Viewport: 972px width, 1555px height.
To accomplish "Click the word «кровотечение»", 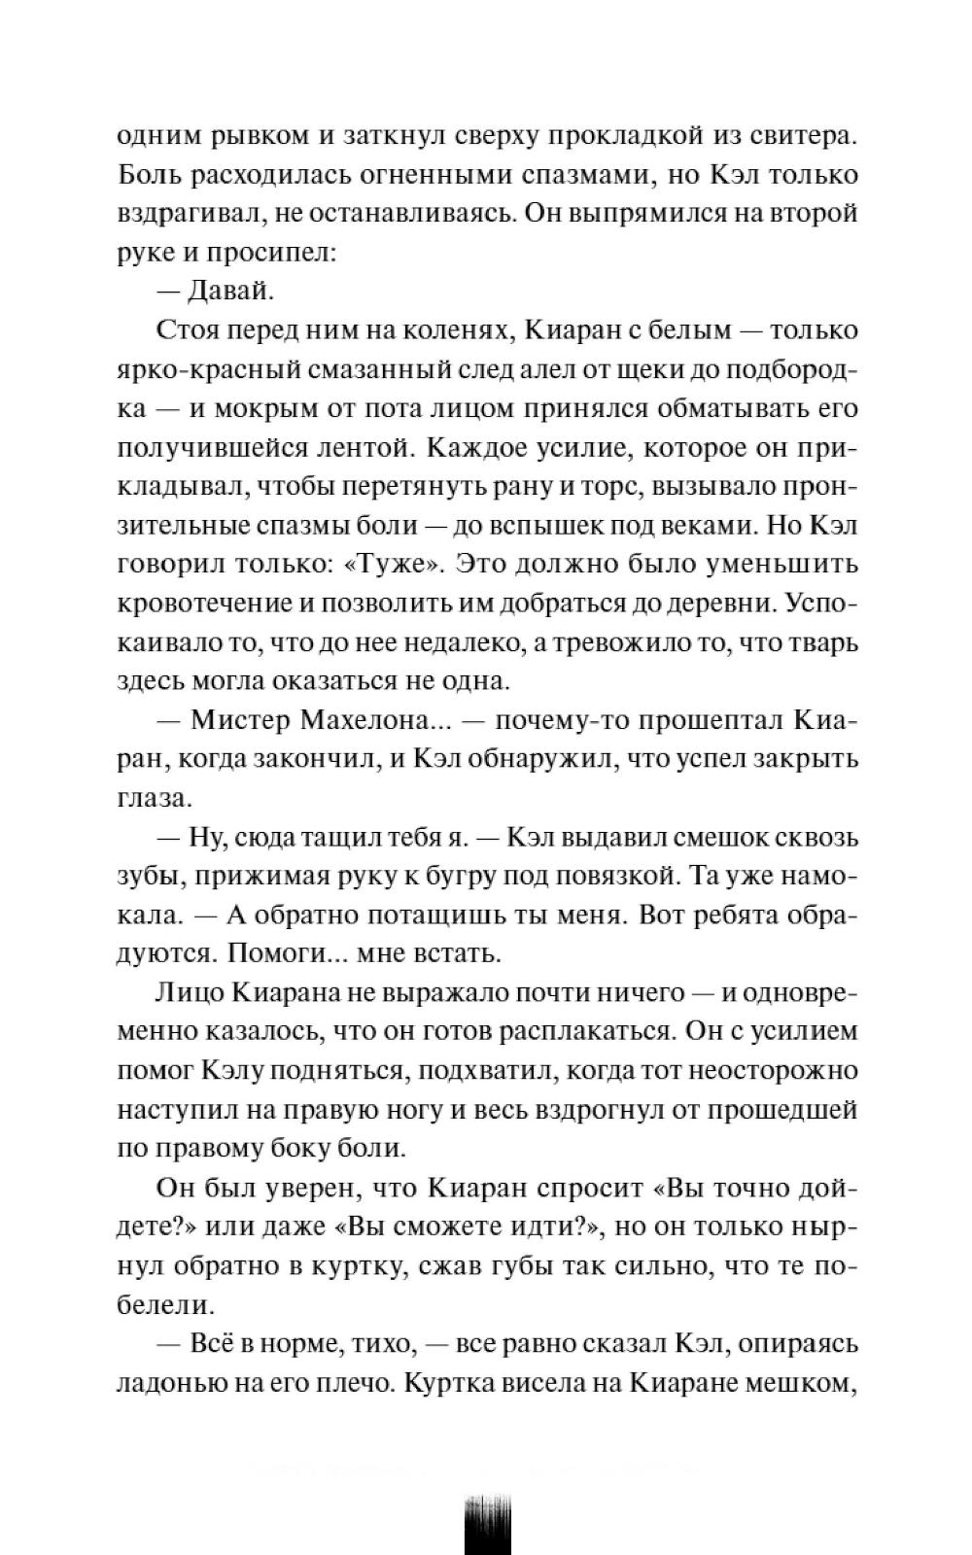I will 201,603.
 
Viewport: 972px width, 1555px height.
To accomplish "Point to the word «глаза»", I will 150,798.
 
